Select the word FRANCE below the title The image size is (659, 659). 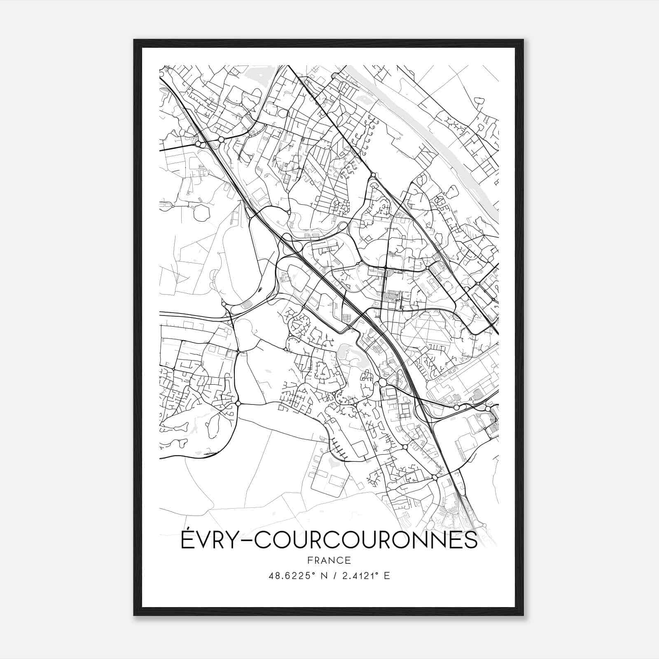(329, 560)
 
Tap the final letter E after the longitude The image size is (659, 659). (387, 576)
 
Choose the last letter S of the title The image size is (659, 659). (472, 540)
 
